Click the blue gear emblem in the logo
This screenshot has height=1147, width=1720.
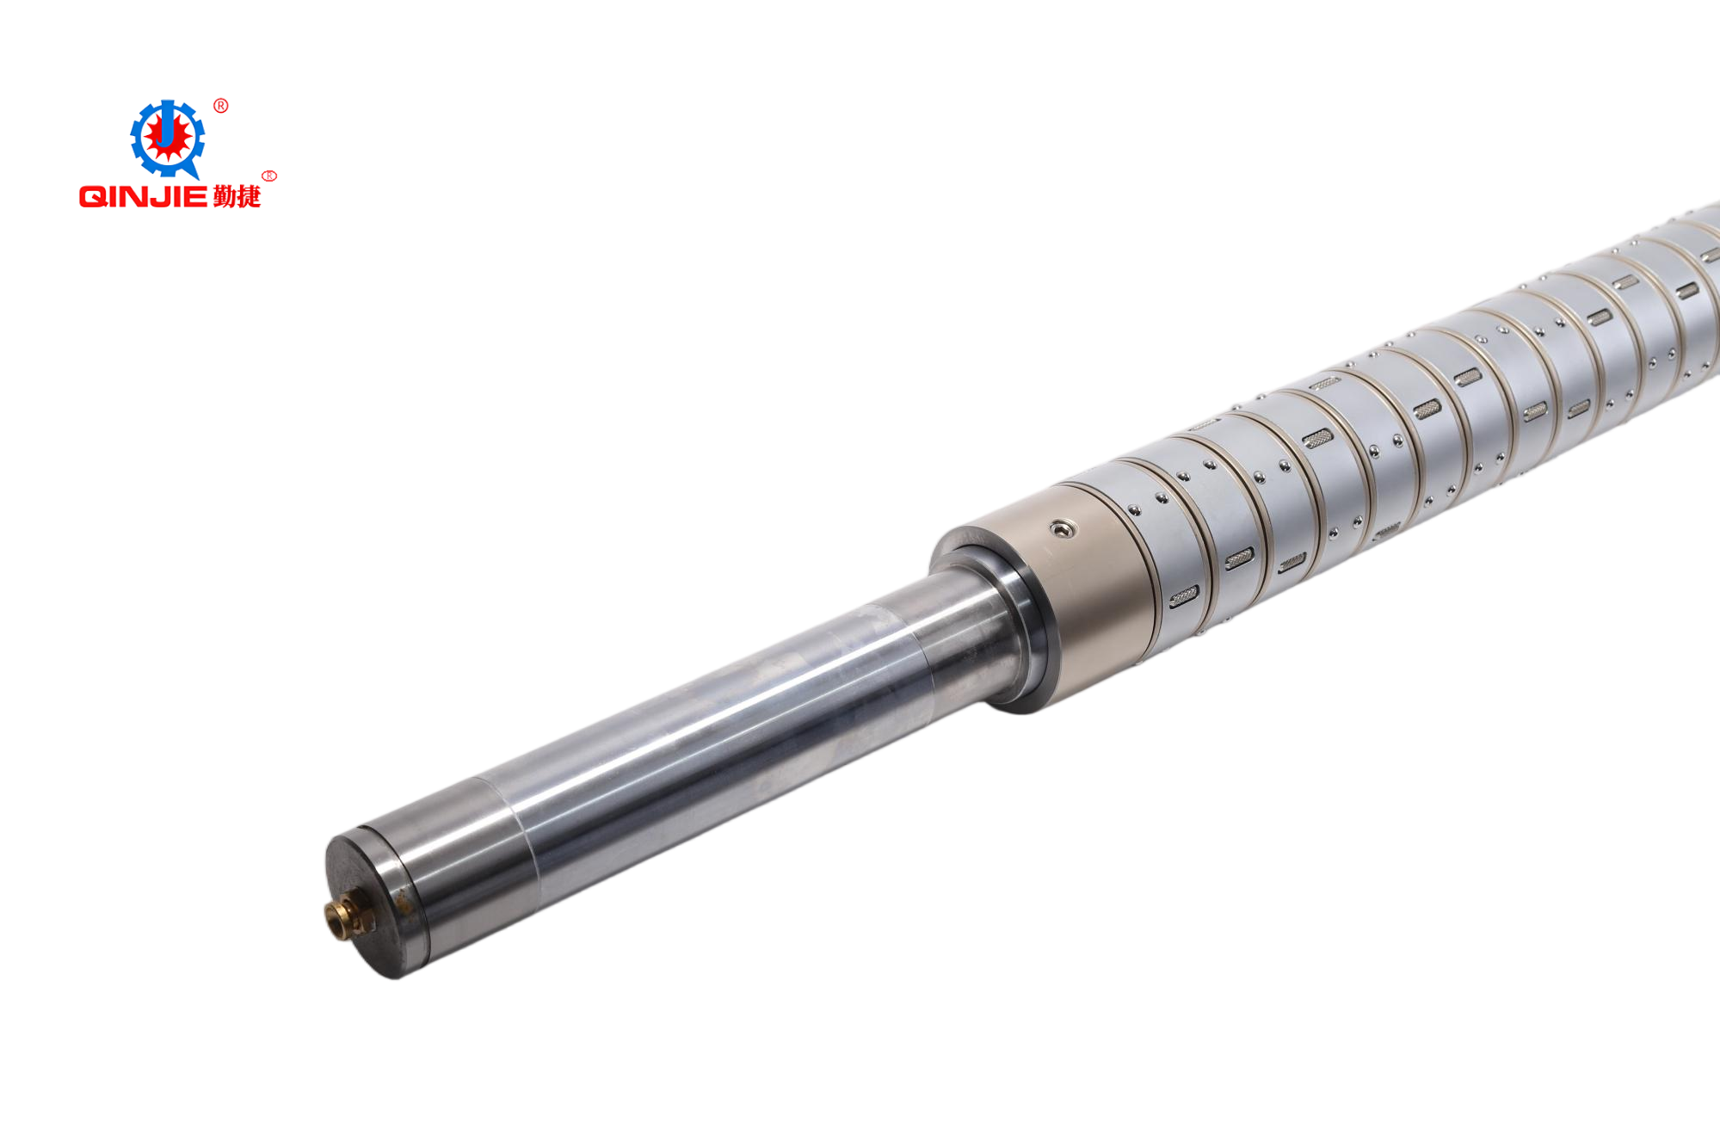pyautogui.click(x=167, y=139)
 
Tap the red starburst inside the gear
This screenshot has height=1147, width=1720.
pyautogui.click(x=167, y=137)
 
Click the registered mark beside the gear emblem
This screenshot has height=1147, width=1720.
pyautogui.click(x=221, y=106)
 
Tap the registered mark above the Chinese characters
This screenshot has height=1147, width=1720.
pyautogui.click(x=269, y=176)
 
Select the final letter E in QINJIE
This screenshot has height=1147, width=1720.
pyautogui.click(x=197, y=197)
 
